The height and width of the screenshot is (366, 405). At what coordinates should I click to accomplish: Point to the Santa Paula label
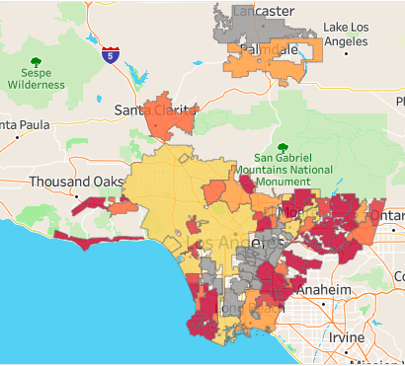tap(22, 125)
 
